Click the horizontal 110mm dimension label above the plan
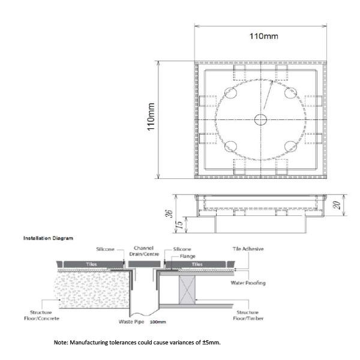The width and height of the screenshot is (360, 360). click(x=264, y=36)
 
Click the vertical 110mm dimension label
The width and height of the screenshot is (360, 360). click(x=151, y=117)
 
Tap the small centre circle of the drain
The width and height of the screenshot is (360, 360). click(x=260, y=119)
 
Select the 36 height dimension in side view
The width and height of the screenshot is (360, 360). click(x=169, y=214)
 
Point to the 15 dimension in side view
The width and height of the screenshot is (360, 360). click(x=181, y=224)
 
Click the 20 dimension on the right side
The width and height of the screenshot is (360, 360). click(x=337, y=205)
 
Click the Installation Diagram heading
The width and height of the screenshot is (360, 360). click(x=48, y=238)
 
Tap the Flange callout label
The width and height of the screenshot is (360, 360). click(x=188, y=256)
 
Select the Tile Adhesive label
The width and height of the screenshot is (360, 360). click(x=248, y=249)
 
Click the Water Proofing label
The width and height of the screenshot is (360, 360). click(x=248, y=283)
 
